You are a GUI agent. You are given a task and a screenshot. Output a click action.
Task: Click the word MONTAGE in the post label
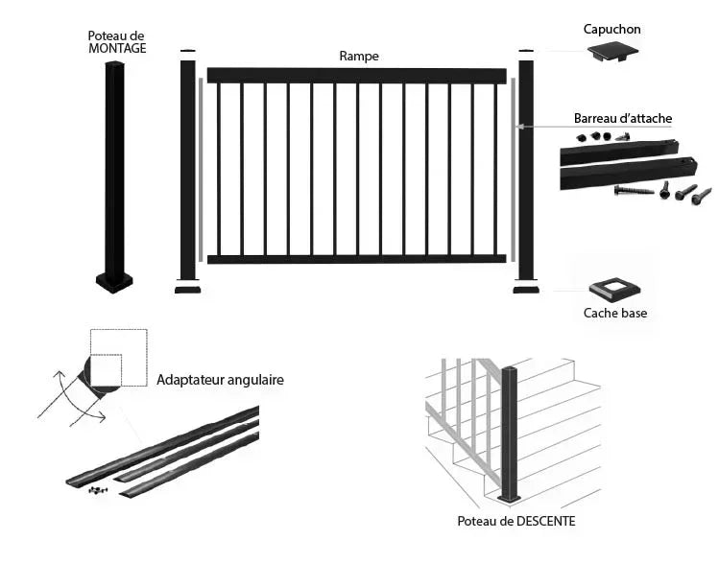[x=117, y=48]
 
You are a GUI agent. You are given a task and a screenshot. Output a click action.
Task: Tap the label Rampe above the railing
[x=359, y=57]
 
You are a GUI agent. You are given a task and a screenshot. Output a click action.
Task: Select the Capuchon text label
[x=611, y=30]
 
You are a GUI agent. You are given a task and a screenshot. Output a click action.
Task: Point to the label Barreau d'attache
[x=623, y=119]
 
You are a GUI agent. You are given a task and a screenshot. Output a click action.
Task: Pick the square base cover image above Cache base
[x=611, y=287]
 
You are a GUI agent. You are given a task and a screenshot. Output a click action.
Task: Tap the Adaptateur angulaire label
[x=220, y=380]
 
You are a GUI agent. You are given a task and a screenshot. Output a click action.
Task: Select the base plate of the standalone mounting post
[x=114, y=282]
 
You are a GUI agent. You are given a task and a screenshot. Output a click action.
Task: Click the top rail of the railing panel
[x=356, y=75]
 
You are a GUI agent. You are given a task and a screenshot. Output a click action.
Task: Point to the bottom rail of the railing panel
[x=356, y=258]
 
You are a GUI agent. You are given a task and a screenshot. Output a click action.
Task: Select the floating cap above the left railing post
[x=188, y=51]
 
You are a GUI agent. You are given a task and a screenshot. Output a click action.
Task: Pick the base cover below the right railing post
[x=525, y=288]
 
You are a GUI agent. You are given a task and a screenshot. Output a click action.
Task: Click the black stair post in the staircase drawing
[x=511, y=432]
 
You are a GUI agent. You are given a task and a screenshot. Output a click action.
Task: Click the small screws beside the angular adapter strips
[x=97, y=490]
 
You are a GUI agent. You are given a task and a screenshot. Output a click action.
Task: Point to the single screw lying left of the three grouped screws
[x=635, y=190]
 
